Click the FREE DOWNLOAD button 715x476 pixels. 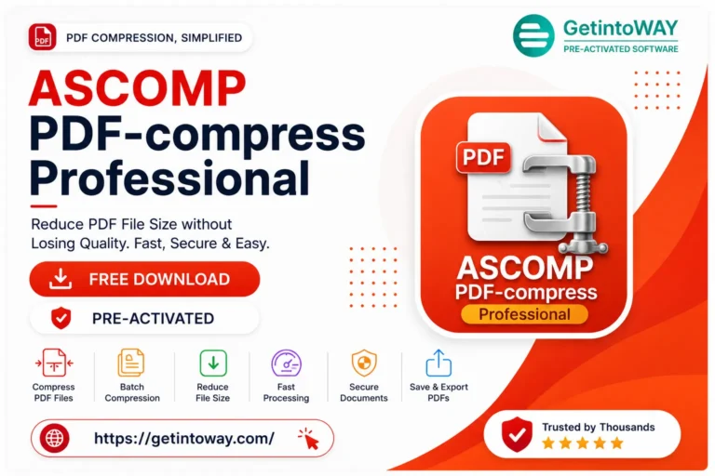pyautogui.click(x=144, y=279)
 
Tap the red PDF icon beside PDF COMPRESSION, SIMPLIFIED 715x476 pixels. pyautogui.click(x=43, y=37)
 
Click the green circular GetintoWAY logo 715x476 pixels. pyautogui.click(x=533, y=35)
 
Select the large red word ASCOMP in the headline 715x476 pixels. pyautogui.click(x=137, y=88)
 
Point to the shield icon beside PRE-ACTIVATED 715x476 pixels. pyautogui.click(x=61, y=318)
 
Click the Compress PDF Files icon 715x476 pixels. pyautogui.click(x=54, y=363)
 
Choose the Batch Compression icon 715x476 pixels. pyautogui.click(x=131, y=363)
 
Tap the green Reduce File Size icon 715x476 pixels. pyautogui.click(x=213, y=363)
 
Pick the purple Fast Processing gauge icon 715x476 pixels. pyautogui.click(x=287, y=363)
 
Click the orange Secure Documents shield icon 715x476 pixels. pyautogui.click(x=364, y=363)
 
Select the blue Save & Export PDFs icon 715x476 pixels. pyautogui.click(x=438, y=363)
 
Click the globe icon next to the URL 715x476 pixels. pyautogui.click(x=55, y=438)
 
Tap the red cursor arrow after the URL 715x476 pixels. pyautogui.click(x=309, y=439)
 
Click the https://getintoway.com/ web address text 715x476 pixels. pyautogui.click(x=184, y=438)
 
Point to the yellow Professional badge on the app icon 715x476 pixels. pyautogui.click(x=524, y=314)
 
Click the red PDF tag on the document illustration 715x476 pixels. pyautogui.click(x=483, y=157)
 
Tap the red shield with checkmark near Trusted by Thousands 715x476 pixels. pyautogui.click(x=517, y=433)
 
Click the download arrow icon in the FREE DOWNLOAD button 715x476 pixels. pyautogui.click(x=61, y=279)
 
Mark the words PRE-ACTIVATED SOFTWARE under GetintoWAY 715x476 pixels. pyautogui.click(x=621, y=48)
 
